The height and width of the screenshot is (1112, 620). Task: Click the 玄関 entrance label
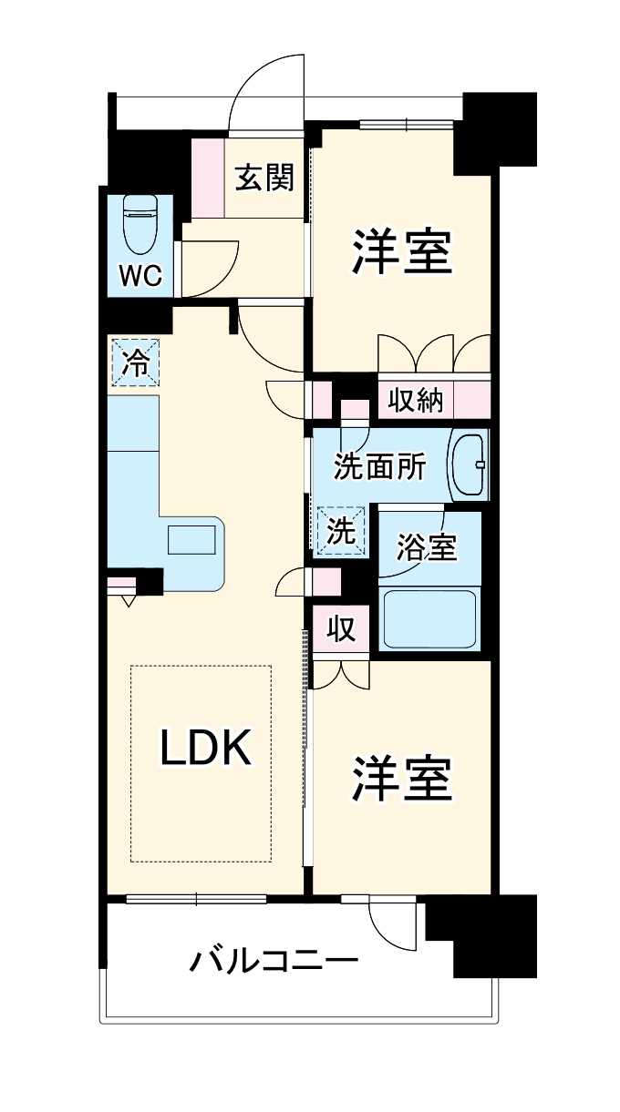click(x=264, y=178)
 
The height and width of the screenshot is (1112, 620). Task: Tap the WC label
click(x=141, y=275)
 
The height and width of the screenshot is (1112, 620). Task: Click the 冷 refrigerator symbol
click(x=135, y=363)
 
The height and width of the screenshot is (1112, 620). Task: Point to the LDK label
click(x=205, y=749)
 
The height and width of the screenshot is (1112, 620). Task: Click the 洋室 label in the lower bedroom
click(x=402, y=777)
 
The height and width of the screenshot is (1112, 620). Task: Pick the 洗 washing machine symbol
click(x=341, y=532)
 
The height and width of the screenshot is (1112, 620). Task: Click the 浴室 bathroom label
click(x=426, y=547)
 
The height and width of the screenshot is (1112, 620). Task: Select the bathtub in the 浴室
click(x=429, y=619)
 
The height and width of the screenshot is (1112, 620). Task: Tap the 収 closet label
click(x=341, y=629)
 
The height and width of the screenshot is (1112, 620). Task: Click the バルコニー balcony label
click(x=273, y=961)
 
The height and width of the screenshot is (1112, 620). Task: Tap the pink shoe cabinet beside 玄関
click(x=207, y=179)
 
